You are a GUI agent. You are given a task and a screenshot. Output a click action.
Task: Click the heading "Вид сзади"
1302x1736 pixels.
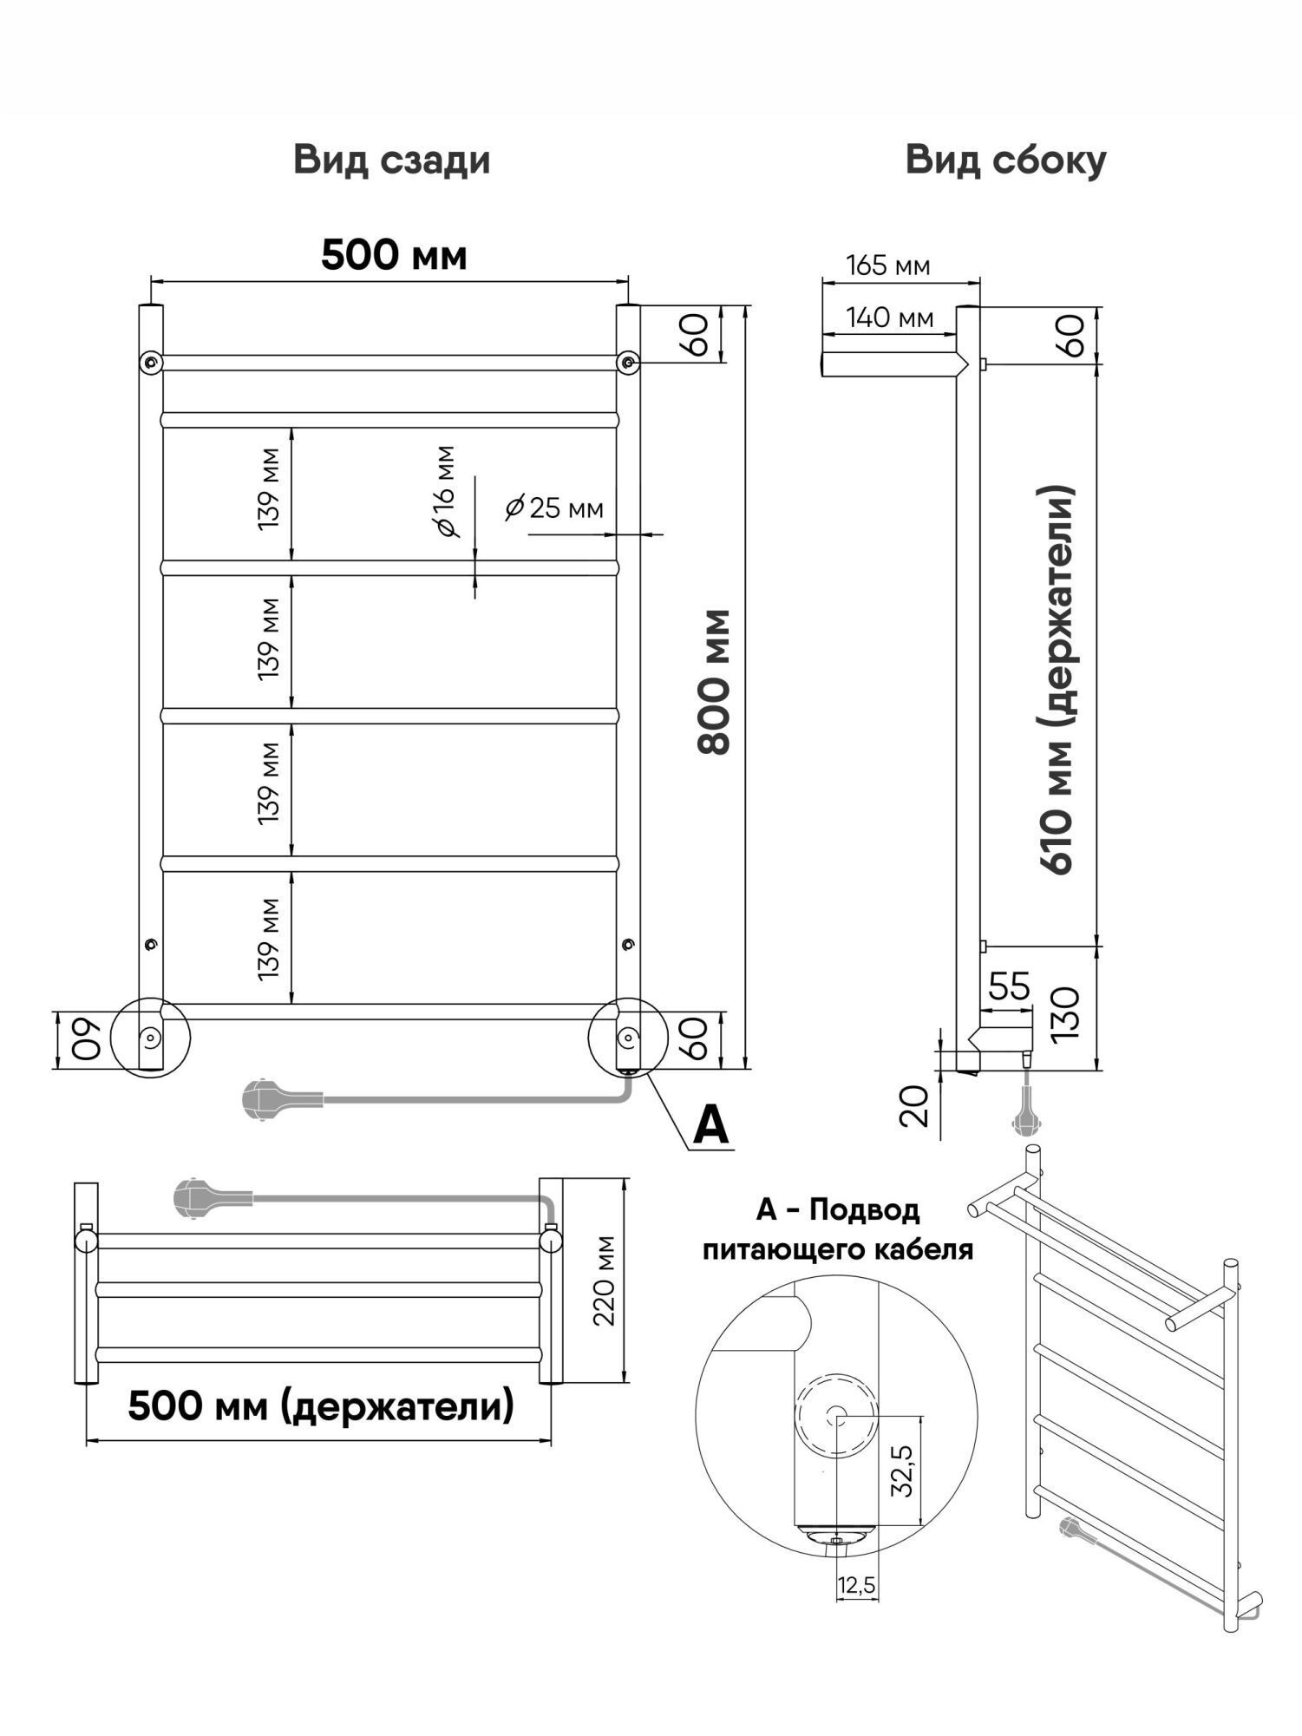(392, 161)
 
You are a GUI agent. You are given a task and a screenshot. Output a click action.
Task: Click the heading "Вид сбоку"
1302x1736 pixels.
(1006, 160)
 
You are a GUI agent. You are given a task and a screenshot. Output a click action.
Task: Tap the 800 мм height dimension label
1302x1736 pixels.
(716, 681)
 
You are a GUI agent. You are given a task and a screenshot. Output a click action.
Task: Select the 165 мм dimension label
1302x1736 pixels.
(887, 265)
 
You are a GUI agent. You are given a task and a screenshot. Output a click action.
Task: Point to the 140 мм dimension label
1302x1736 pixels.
(890, 318)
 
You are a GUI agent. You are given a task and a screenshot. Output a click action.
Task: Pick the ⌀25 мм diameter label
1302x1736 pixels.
(554, 507)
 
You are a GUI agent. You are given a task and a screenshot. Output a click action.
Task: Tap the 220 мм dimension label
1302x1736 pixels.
(604, 1281)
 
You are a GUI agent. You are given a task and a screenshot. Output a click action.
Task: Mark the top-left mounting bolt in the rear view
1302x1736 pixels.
(151, 361)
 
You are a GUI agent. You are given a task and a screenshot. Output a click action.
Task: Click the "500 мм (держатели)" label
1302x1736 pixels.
(321, 1405)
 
